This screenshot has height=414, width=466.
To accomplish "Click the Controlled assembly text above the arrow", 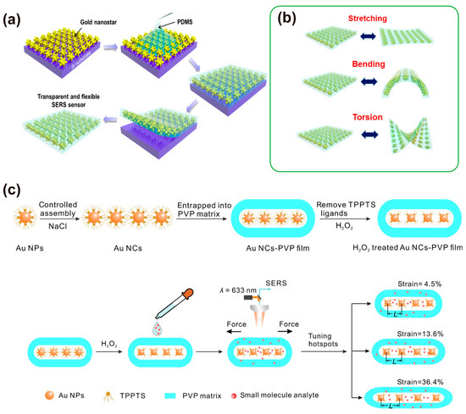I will [57, 209].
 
